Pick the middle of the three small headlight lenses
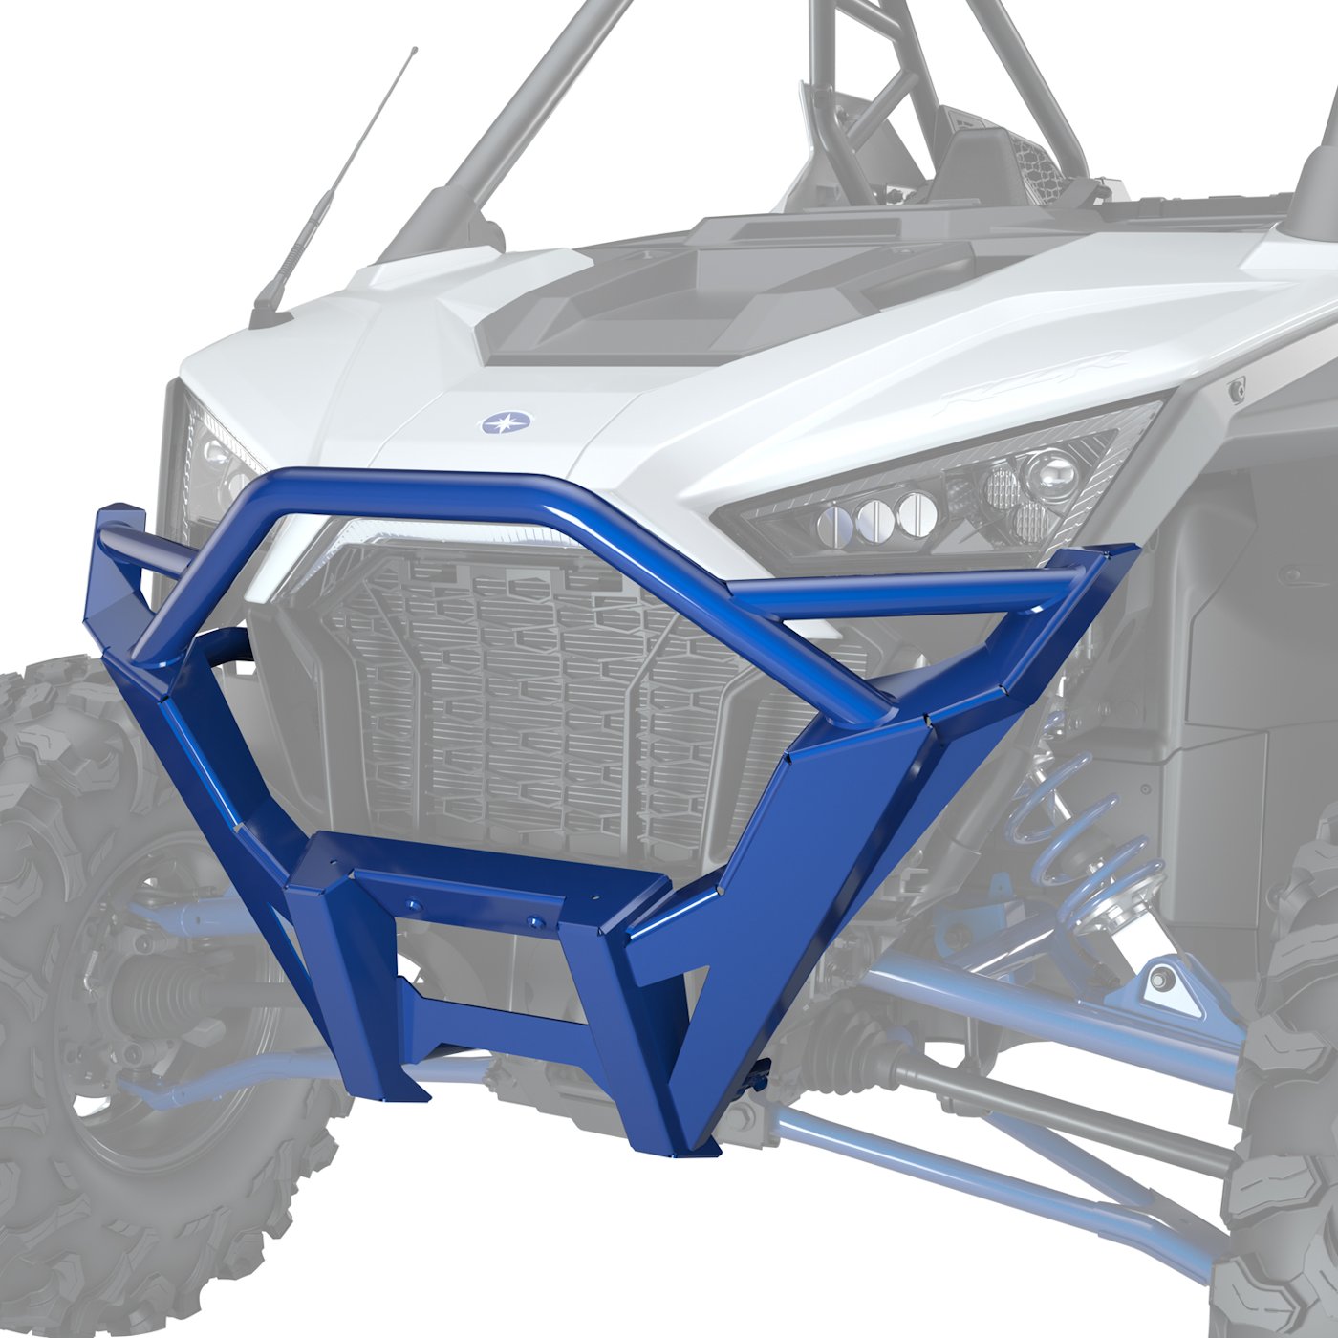coord(874,516)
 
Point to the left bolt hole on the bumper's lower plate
coord(414,905)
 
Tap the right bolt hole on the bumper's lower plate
coord(535,922)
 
